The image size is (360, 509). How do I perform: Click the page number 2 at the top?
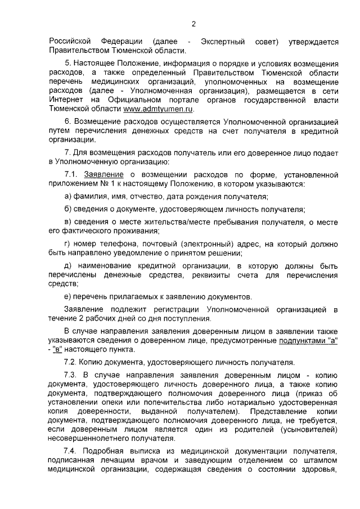coord(193,24)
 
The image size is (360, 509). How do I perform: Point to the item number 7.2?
coord(70,362)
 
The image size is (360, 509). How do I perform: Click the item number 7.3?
coord(70,374)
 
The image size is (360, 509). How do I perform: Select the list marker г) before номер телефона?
coord(67,244)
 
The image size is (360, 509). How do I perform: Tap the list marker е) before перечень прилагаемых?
coord(67,298)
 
